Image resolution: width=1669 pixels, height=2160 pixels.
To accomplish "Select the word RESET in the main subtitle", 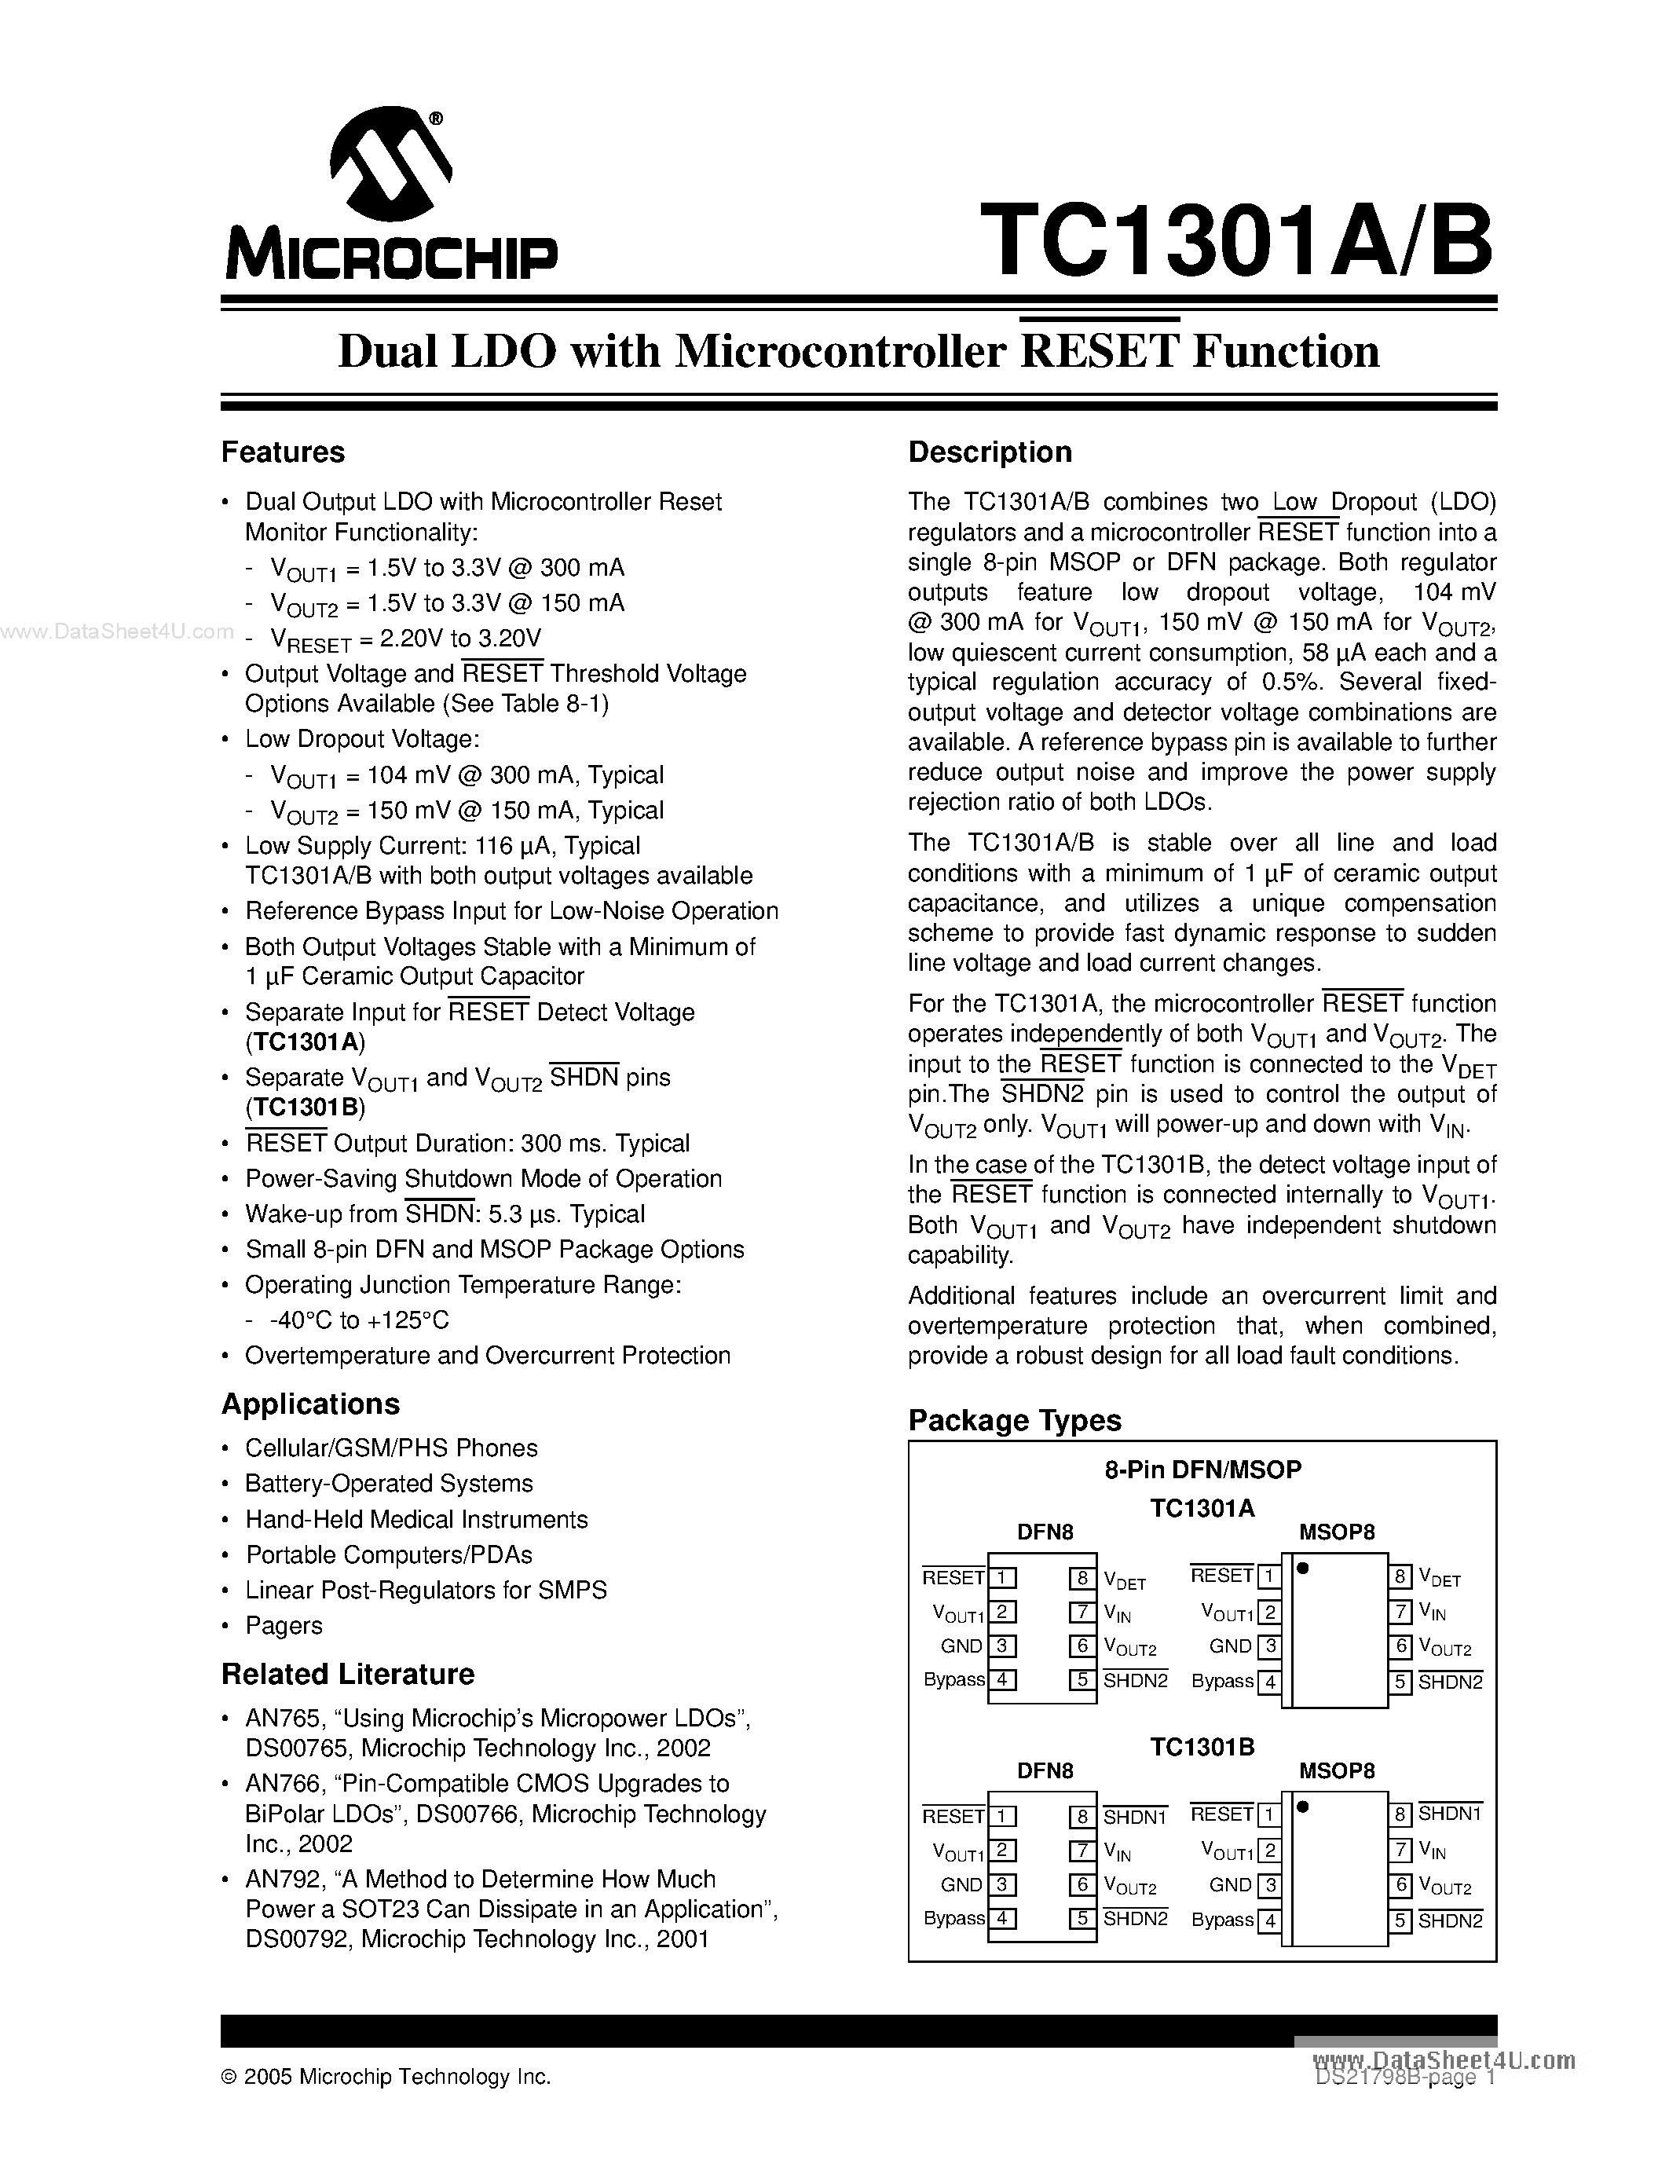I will (x=1099, y=351).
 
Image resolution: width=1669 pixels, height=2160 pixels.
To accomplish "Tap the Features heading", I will (x=283, y=452).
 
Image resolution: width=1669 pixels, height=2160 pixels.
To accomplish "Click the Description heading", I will (x=990, y=452).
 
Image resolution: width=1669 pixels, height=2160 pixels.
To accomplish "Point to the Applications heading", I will (x=310, y=1404).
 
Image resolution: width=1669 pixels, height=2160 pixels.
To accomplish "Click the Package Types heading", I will (x=1015, y=1420).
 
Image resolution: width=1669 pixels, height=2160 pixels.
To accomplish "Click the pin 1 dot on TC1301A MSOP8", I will (x=1303, y=1568).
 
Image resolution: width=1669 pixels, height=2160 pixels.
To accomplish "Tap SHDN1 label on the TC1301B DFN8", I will (x=1134, y=1817).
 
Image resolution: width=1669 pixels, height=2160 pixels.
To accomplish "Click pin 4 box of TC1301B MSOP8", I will (x=1268, y=1920).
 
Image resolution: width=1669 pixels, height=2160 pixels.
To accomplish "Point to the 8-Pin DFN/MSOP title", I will (x=1202, y=1470).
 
